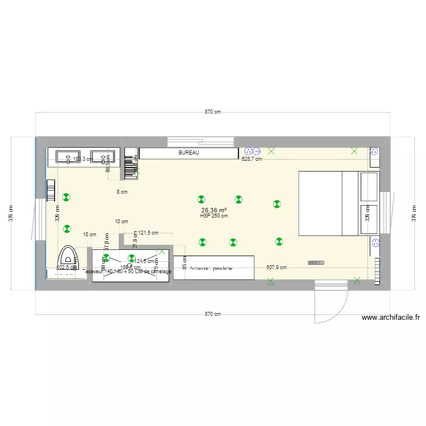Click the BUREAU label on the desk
[x=189, y=153]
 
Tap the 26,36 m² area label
[x=214, y=210]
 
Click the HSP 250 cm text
[x=214, y=216]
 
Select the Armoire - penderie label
[x=211, y=268]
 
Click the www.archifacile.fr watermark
[x=390, y=318]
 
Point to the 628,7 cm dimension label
[x=252, y=159]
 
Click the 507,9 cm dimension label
[x=276, y=267]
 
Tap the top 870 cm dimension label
[x=213, y=112]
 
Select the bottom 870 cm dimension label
[x=213, y=314]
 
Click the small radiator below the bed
[x=316, y=262]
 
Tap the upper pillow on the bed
[x=369, y=186]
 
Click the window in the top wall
[x=202, y=140]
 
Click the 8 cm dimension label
[x=122, y=192]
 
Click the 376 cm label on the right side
[x=413, y=214]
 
